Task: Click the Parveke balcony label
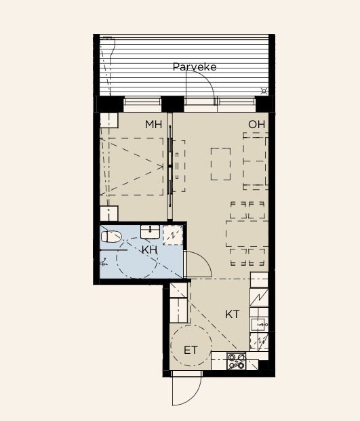195,67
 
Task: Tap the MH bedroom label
153,124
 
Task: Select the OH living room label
257,124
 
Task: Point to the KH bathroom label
149,250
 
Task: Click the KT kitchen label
233,314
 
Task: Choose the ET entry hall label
191,350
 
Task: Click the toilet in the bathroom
111,237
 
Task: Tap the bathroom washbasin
150,232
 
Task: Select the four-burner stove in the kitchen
236,361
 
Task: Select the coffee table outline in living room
220,164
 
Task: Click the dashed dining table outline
247,234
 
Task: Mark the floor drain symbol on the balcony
264,92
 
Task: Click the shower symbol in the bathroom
104,262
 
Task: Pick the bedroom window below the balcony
142,104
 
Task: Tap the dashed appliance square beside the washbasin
173,235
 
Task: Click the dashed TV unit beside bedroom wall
179,166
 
